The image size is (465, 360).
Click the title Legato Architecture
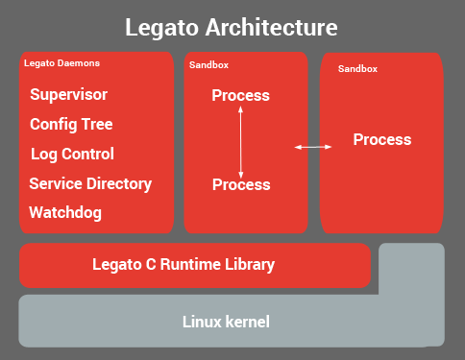point(231,26)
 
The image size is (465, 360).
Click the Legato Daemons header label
point(61,63)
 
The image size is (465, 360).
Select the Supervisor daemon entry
point(68,95)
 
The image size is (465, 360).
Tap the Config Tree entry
point(71,125)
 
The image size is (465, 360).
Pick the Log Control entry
point(72,155)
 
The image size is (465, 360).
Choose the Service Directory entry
point(90,184)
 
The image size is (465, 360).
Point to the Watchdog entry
point(65,212)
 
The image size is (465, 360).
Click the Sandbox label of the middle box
point(208,65)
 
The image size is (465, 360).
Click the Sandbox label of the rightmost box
point(357,69)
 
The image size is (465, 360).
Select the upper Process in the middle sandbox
point(240,96)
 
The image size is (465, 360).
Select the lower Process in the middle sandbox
point(240,183)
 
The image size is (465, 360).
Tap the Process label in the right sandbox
point(381,140)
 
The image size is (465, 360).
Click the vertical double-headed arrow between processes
point(240,139)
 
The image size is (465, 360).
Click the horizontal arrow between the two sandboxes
point(313,147)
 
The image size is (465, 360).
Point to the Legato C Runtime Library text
point(183,265)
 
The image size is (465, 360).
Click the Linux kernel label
point(226,321)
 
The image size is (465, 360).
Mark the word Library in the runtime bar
point(249,265)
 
